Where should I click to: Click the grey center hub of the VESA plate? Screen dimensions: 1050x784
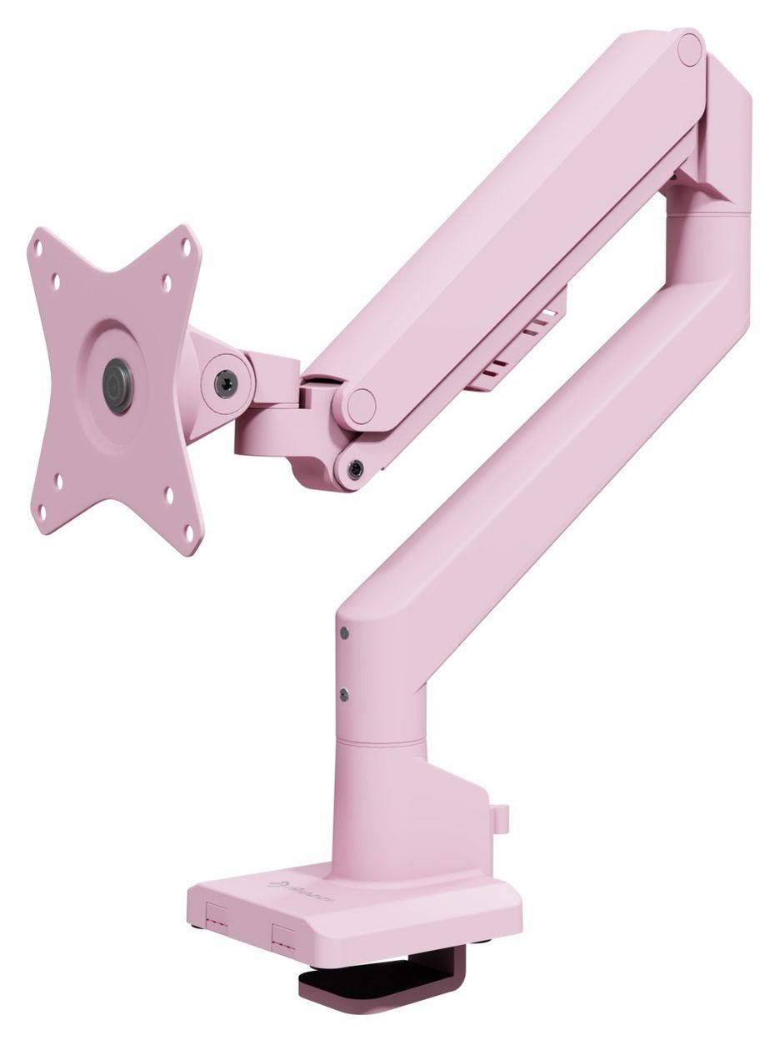coord(117,386)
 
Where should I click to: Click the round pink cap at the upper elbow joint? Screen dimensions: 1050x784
coord(690,49)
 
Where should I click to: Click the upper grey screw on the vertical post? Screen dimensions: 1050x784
coord(344,633)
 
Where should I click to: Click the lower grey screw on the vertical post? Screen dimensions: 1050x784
coord(343,692)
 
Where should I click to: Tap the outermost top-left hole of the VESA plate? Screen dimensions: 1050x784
coord(37,244)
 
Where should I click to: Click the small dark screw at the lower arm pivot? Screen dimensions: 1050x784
coord(356,469)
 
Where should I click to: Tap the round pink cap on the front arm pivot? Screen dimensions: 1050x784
coord(362,407)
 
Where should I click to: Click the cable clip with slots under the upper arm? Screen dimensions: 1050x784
coord(517,342)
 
